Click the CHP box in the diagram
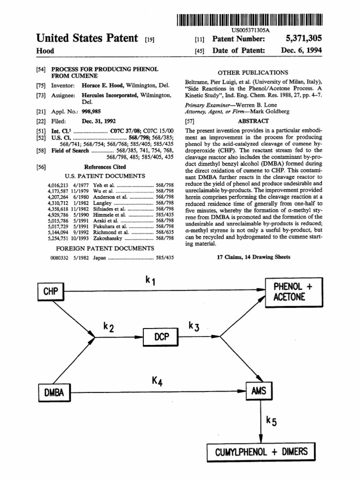click(x=51, y=292)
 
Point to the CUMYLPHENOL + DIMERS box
click(x=261, y=452)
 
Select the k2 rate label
click(x=108, y=327)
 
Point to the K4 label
click(x=157, y=382)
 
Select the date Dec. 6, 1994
click(x=302, y=51)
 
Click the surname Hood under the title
click(x=45, y=51)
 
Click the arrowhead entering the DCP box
click(x=141, y=336)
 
